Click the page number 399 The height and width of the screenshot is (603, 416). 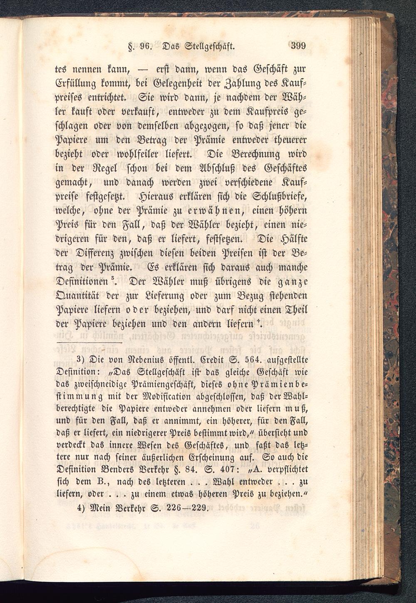[298, 45]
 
